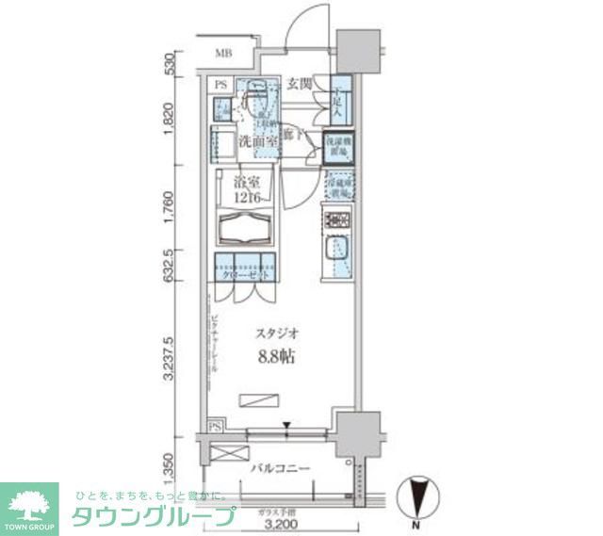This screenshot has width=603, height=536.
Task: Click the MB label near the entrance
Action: coord(223,53)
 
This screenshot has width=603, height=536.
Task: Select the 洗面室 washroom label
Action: coord(256,141)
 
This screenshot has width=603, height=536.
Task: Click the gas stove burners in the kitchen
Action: coord(338,221)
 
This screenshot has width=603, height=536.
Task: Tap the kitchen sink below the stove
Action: coord(338,252)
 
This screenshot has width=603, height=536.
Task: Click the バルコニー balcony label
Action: coord(280,468)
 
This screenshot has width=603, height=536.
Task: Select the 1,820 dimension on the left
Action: coord(169,120)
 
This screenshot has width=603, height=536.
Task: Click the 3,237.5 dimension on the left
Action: coord(169,358)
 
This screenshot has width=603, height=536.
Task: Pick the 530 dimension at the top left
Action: coord(169,64)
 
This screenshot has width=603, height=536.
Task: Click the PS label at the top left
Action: coord(220,86)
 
